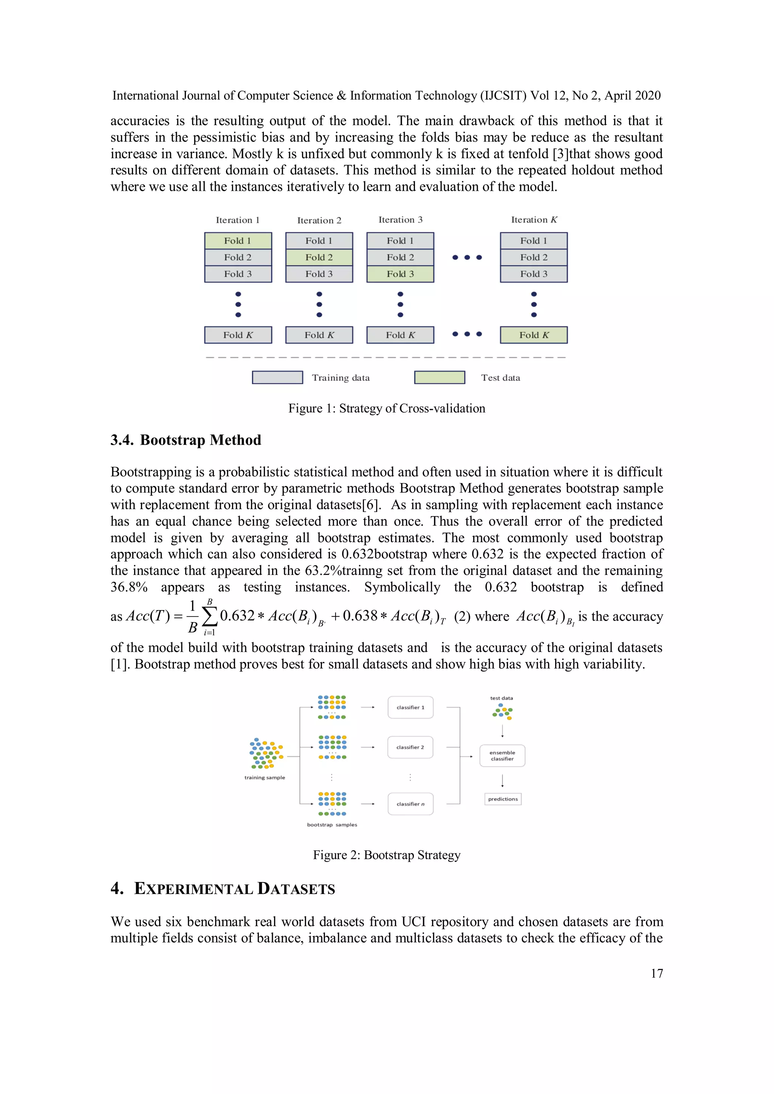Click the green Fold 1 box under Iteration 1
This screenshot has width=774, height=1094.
point(238,241)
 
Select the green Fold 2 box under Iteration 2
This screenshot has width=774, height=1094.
point(319,257)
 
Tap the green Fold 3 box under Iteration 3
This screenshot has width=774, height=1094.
point(400,274)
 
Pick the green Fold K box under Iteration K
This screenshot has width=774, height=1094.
point(533,335)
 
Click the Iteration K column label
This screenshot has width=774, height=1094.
point(534,219)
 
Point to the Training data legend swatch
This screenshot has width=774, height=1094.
point(277,377)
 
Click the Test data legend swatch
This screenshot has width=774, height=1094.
point(440,377)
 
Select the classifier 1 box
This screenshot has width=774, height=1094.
point(410,708)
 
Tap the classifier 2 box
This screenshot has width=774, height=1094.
point(410,747)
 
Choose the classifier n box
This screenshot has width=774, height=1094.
point(410,804)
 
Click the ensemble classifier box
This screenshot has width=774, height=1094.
point(502,756)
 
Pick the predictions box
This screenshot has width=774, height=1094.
point(503,799)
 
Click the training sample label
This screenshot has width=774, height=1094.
point(265,777)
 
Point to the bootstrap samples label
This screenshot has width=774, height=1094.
point(332,825)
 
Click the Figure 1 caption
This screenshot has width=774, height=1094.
point(387,408)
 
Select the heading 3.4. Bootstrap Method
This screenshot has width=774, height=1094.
point(186,440)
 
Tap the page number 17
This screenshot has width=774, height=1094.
point(656,973)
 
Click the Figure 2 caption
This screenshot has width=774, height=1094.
point(387,855)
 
